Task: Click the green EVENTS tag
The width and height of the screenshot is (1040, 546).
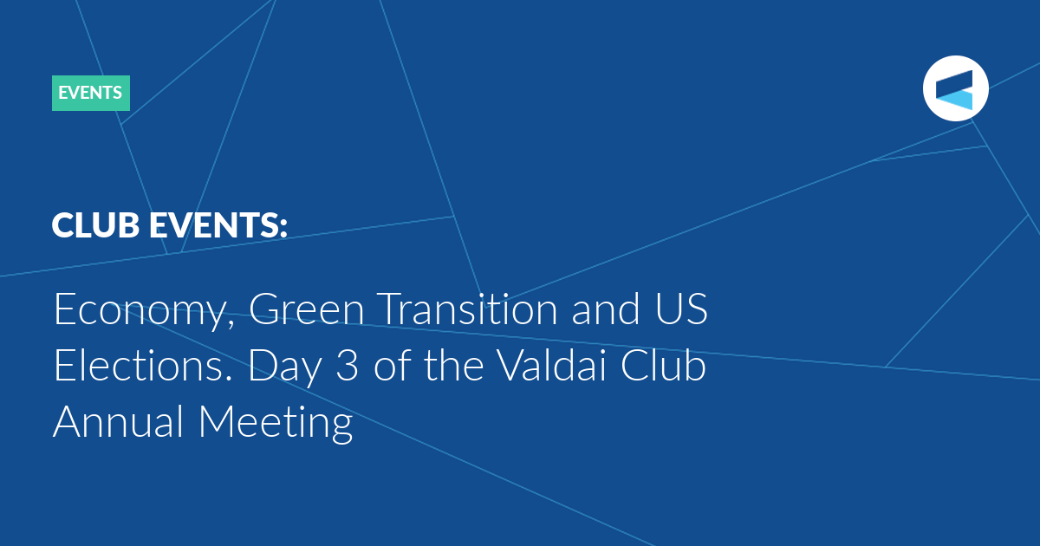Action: click(90, 93)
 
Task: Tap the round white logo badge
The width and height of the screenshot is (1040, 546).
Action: click(955, 88)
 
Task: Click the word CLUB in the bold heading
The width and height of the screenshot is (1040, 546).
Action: click(95, 224)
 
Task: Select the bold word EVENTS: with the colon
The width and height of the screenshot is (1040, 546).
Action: click(218, 224)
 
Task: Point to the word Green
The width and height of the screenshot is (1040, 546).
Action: click(307, 309)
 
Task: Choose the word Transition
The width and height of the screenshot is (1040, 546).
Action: click(467, 309)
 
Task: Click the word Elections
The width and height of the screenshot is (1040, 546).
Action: click(142, 365)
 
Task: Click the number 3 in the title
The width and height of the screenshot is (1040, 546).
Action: click(348, 366)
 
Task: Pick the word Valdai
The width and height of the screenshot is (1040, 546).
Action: click(551, 365)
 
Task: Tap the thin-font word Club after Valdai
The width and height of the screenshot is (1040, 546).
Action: click(663, 365)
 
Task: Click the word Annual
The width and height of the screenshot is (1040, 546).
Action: click(119, 421)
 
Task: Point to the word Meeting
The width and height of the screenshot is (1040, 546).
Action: click(276, 424)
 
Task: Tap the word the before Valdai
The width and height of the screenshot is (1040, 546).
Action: click(454, 365)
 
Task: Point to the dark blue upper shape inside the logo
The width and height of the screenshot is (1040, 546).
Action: click(954, 82)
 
